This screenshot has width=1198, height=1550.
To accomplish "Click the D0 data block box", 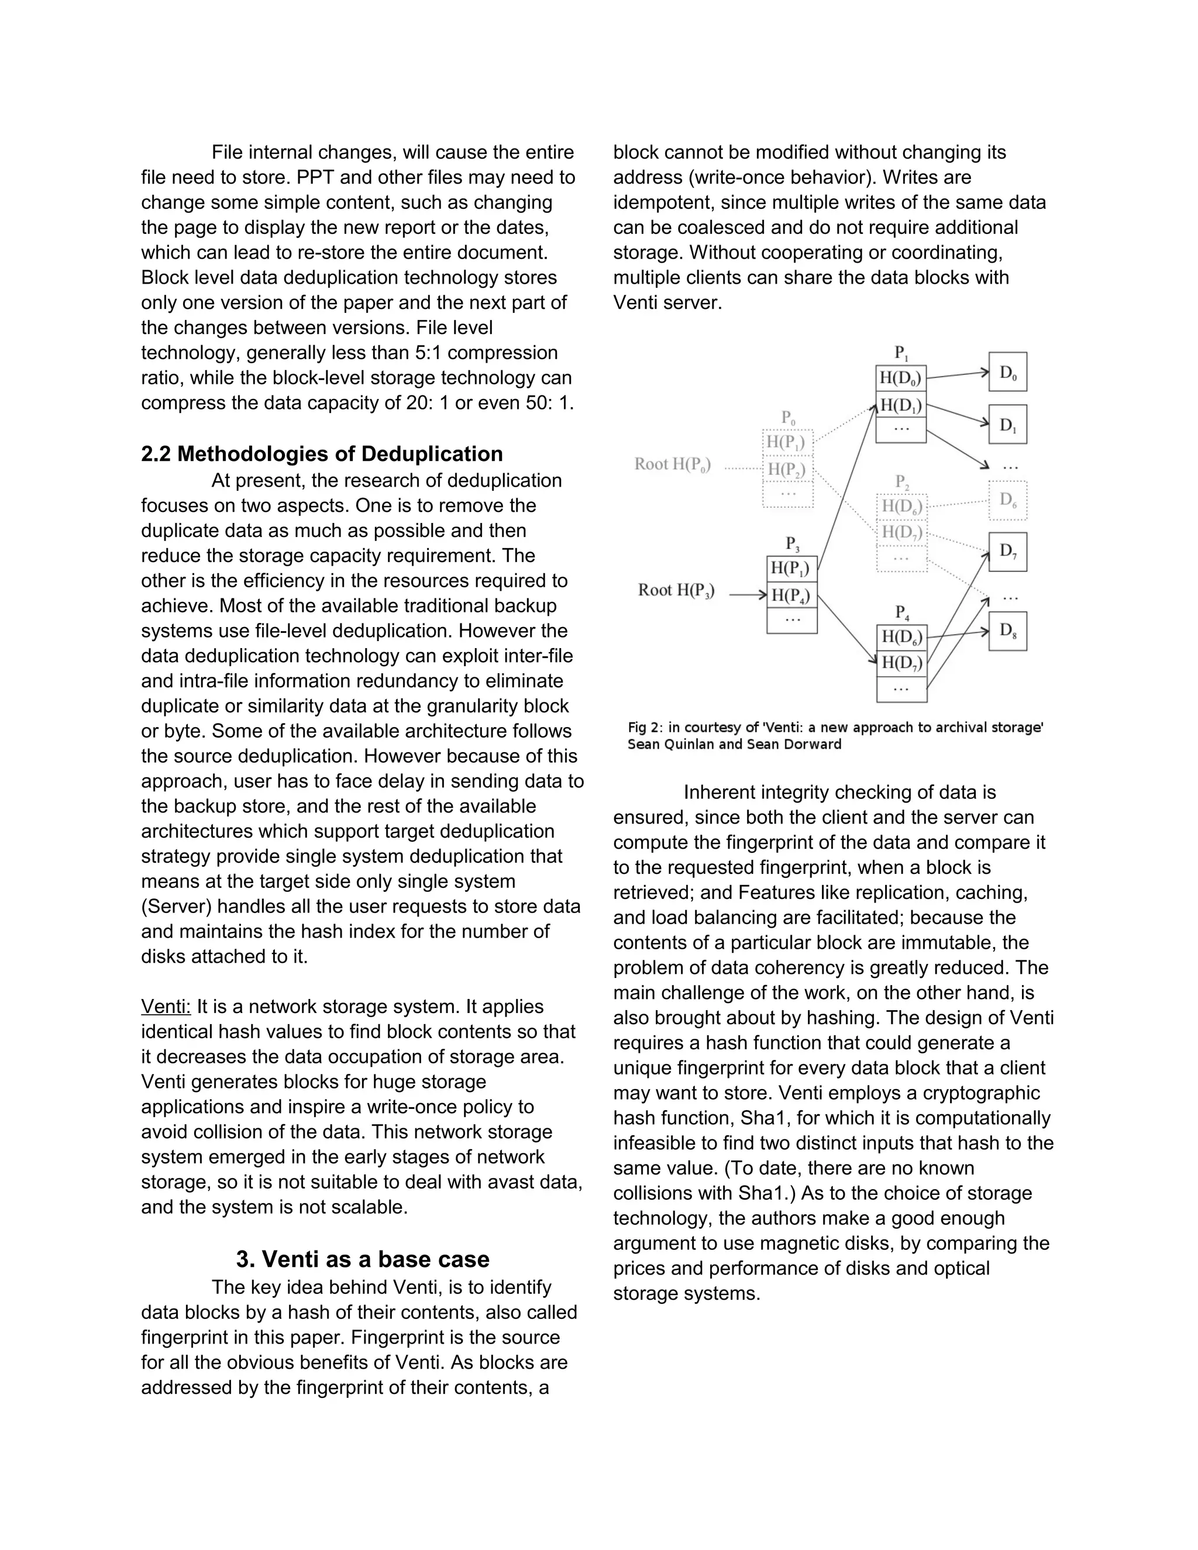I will coord(1007,372).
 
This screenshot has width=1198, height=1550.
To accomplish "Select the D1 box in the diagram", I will coord(1007,425).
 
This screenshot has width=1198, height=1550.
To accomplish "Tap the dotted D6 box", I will coord(1007,500).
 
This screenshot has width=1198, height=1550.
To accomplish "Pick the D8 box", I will coord(1007,631).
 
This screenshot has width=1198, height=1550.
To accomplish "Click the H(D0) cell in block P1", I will coord(901,378).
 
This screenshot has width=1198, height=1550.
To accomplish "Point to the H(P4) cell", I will coord(791,594).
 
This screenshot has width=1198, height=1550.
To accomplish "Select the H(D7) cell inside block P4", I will coord(901,664).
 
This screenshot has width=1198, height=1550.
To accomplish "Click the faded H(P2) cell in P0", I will coord(787,469).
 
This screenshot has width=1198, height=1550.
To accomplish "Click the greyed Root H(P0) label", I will coord(672,464).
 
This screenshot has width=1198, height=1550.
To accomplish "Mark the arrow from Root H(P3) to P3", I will coord(748,595).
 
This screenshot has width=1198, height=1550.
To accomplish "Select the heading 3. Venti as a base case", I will coord(363,1259).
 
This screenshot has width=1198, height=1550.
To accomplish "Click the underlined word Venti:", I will coord(166,1007).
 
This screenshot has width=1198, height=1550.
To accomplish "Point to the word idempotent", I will coord(663,202).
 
